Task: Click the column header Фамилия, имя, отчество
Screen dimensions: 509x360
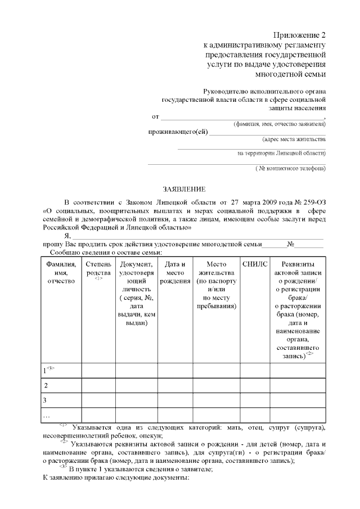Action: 61,272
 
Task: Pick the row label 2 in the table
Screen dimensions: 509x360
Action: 46,385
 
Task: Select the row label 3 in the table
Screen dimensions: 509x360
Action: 45,400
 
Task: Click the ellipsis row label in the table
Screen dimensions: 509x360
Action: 47,415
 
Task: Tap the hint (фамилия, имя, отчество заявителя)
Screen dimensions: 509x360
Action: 280,123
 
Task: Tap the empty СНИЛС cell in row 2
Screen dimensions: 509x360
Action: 255,385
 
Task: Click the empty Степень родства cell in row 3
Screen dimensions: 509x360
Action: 98,400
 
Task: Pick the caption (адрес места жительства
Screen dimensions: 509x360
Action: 294,138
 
